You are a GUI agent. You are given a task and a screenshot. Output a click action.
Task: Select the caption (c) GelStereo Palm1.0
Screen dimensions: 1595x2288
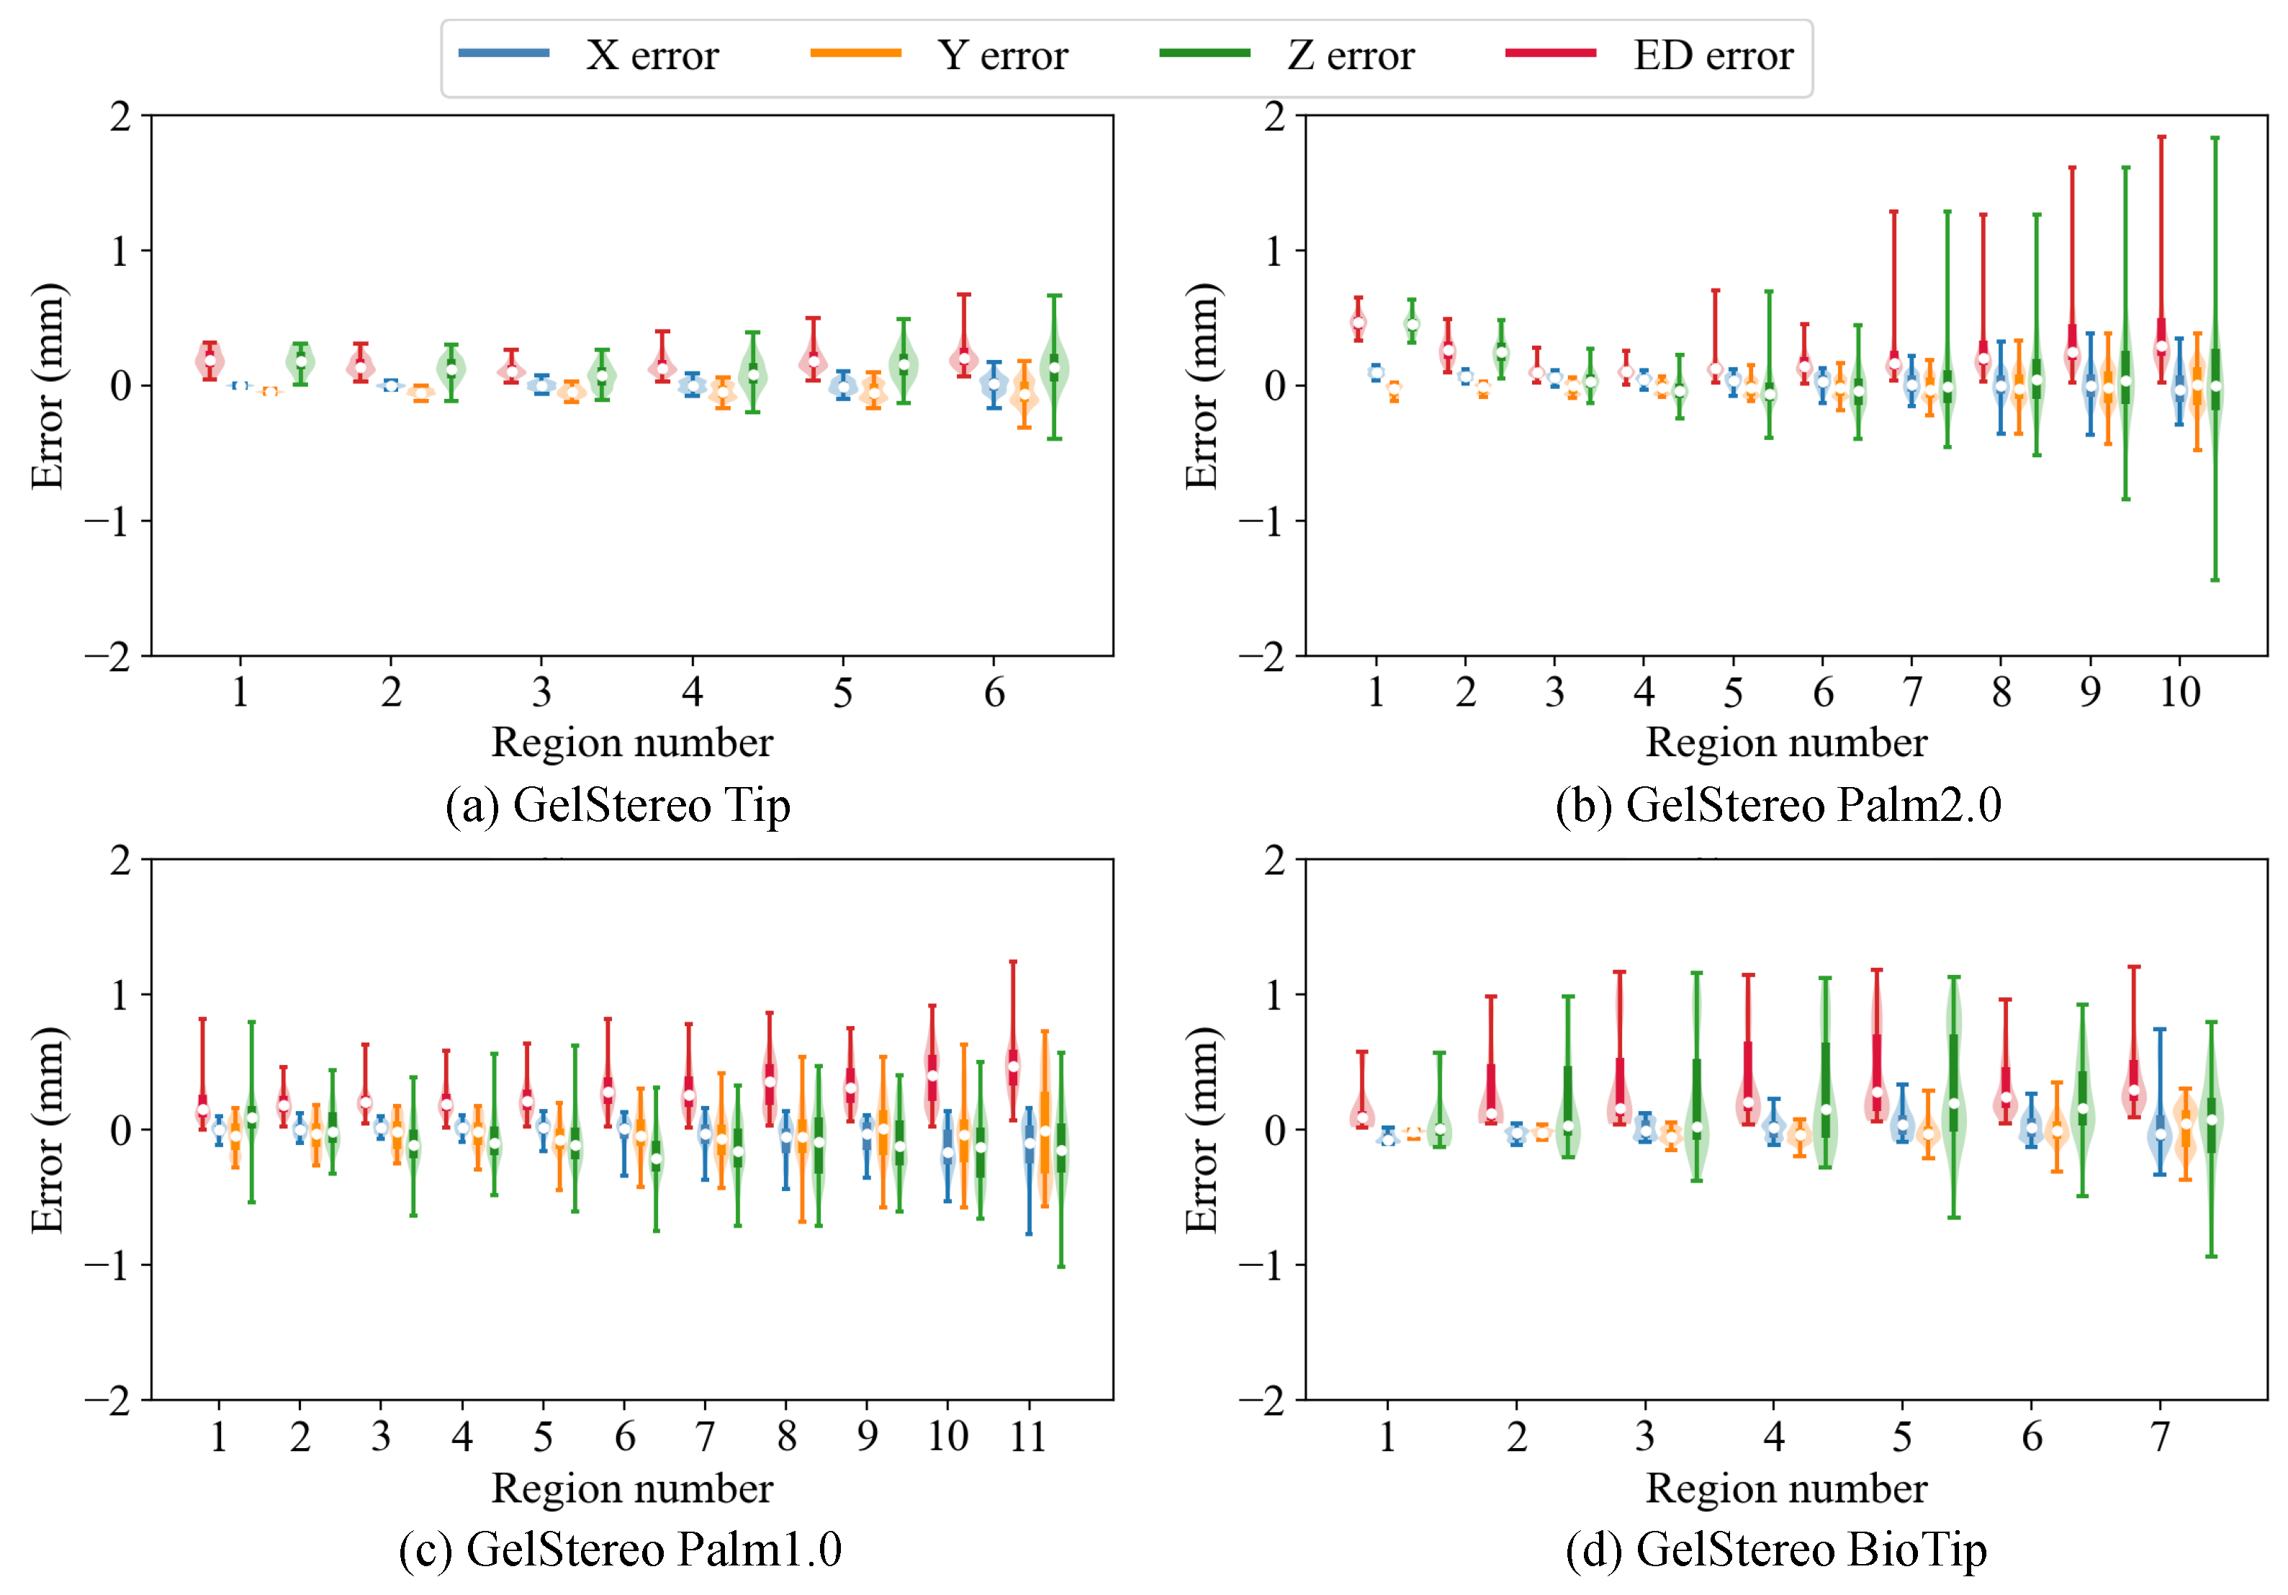pos(620,1549)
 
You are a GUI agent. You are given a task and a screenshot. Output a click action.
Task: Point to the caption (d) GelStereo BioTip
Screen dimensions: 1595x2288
pos(1776,1549)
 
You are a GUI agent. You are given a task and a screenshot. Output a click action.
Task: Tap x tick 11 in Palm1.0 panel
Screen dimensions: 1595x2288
pos(1027,1437)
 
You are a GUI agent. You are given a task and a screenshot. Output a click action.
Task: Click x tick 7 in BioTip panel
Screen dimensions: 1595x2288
pos(2159,1437)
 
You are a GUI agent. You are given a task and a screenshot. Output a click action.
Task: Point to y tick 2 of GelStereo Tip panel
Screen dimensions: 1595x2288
pos(120,117)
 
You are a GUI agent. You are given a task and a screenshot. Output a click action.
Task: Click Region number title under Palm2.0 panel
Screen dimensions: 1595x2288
pos(1785,742)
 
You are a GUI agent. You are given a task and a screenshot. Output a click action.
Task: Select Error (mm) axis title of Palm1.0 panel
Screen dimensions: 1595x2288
pos(47,1129)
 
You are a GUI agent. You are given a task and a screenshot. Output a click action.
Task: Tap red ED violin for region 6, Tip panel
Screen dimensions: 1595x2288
pos(963,357)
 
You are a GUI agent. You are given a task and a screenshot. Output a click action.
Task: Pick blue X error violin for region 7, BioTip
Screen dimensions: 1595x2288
pos(2159,1134)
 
